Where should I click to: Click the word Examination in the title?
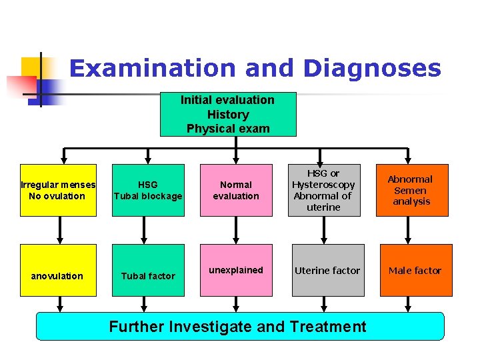[x=153, y=69]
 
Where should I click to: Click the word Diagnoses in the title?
[x=371, y=69]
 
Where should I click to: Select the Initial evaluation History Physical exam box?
[x=228, y=114]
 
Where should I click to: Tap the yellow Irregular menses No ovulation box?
[x=58, y=190]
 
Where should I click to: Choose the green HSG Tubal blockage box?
[x=148, y=190]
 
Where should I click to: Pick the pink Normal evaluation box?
[x=236, y=190]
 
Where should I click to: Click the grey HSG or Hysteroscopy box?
[x=325, y=190]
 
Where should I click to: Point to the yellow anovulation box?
[x=58, y=270]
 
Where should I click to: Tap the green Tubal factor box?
[x=148, y=270]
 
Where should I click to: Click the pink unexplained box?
[x=236, y=270]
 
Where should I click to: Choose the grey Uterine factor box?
[x=327, y=270]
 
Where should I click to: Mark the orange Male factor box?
[x=414, y=270]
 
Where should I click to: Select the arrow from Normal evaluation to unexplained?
[x=235, y=231]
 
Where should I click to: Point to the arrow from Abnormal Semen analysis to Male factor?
[x=409, y=231]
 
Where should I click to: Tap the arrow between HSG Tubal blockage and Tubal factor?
[x=144, y=231]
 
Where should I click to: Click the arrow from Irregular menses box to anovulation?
[x=61, y=231]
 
